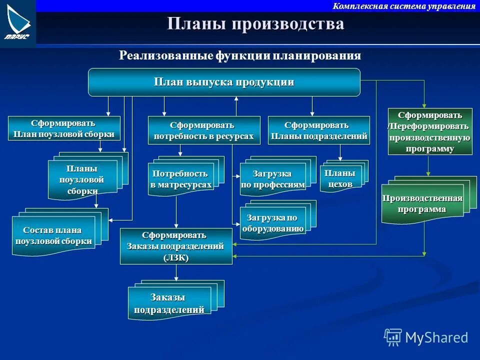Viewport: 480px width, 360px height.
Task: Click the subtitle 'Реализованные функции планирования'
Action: coord(239,55)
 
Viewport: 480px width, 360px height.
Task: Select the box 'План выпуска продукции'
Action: coord(224,82)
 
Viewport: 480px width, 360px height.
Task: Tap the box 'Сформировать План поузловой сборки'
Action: coord(64,128)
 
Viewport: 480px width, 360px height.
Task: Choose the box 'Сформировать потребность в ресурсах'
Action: coord(204,130)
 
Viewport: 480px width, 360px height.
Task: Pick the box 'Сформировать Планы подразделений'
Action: coord(319,130)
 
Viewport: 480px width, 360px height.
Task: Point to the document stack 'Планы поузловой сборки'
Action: coord(82,179)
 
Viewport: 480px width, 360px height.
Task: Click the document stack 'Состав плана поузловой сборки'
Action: coord(53,235)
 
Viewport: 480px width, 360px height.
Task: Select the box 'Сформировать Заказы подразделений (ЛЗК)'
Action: coord(176,246)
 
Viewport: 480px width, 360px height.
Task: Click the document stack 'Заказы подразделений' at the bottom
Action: coord(169,303)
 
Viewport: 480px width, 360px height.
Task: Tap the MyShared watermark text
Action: coord(436,337)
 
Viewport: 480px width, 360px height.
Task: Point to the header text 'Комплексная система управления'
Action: coord(404,6)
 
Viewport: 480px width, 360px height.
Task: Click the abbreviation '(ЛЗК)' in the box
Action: coord(175,257)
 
